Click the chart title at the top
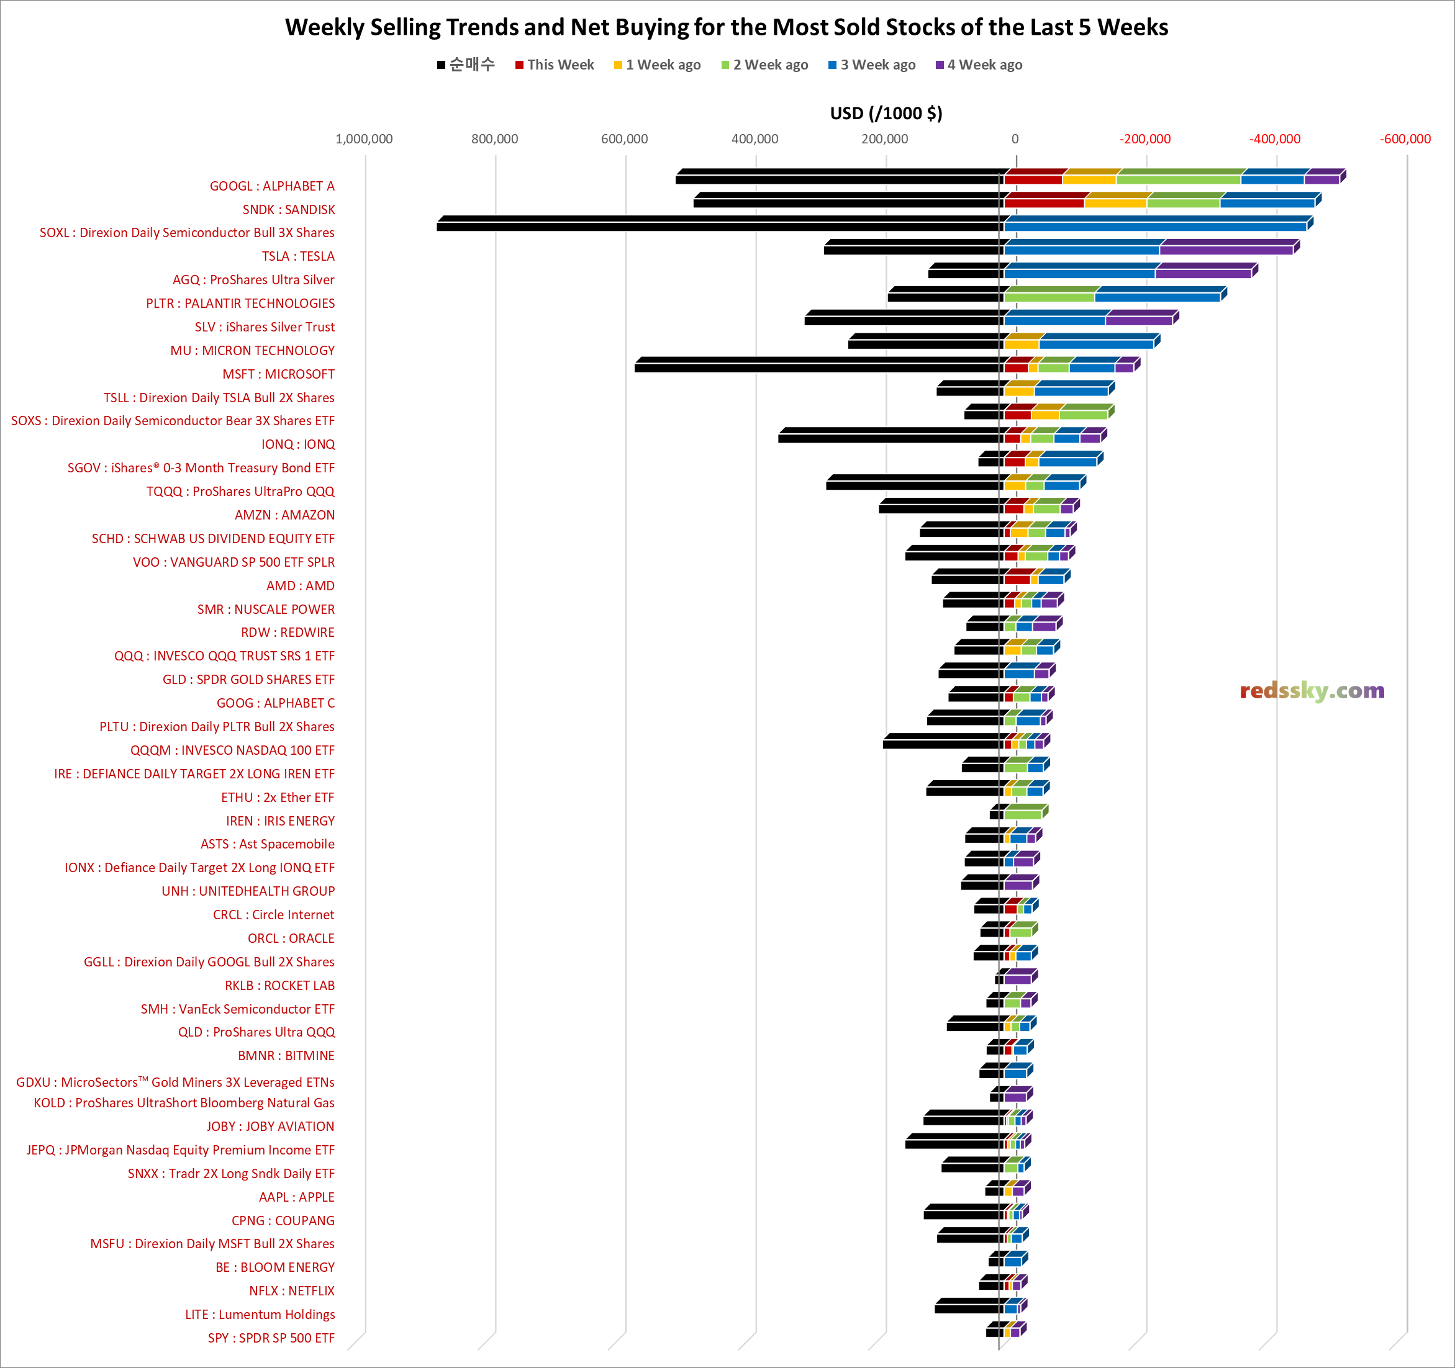tap(727, 27)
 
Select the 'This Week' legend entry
tap(554, 65)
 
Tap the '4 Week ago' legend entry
tap(979, 65)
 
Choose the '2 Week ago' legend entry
tap(765, 65)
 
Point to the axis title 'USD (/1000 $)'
tap(886, 114)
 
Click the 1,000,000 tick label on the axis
tap(364, 139)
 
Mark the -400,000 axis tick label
tap(1275, 139)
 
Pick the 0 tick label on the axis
tap(1015, 139)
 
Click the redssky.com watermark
tap(1312, 691)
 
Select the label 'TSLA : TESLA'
tap(298, 256)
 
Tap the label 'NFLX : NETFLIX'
tap(291, 1290)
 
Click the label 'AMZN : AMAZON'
tap(284, 515)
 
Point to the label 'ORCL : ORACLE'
tap(291, 938)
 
